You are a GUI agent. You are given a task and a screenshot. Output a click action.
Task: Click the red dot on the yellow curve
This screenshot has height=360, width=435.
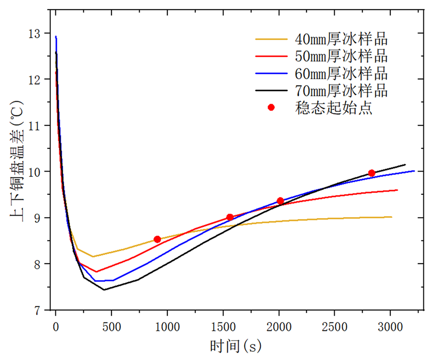pyautogui.click(x=157, y=239)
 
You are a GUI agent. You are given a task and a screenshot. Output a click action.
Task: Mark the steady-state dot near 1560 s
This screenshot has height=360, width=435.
pyautogui.click(x=230, y=217)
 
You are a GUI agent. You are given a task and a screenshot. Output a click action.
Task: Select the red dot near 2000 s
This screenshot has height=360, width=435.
pyautogui.click(x=280, y=201)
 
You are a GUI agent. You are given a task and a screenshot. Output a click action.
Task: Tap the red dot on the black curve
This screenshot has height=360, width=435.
pyautogui.click(x=371, y=173)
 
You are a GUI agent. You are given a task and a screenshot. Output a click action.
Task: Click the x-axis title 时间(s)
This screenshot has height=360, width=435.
pyautogui.click(x=235, y=346)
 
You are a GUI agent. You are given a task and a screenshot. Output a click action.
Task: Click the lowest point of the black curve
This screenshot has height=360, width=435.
pyautogui.click(x=104, y=290)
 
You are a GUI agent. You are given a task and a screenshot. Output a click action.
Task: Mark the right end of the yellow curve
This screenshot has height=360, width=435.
pyautogui.click(x=391, y=217)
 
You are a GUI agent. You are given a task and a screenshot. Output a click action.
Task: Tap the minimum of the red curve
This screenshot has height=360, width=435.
pyautogui.click(x=97, y=272)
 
